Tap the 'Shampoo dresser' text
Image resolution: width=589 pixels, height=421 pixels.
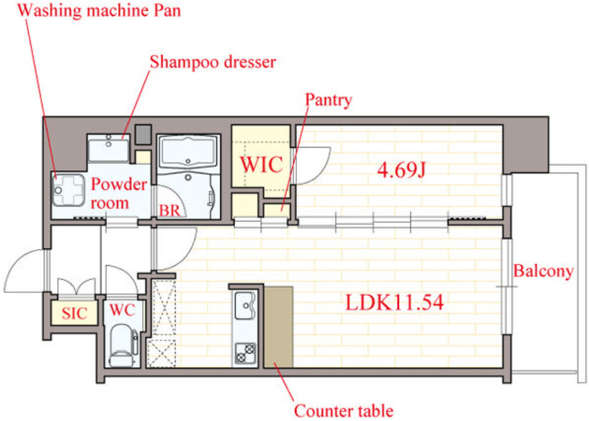click(213, 62)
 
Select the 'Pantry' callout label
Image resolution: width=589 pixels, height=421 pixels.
click(328, 99)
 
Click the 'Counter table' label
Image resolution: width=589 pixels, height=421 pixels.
click(343, 411)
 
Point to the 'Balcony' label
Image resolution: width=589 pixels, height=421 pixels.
click(543, 271)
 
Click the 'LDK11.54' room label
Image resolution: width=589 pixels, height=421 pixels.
click(395, 303)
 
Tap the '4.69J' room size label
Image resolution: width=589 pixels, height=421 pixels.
click(401, 170)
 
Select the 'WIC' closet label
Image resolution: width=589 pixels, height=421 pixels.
click(262, 165)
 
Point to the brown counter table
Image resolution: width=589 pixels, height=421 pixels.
click(278, 326)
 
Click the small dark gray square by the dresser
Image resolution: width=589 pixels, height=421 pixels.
click(144, 133)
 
